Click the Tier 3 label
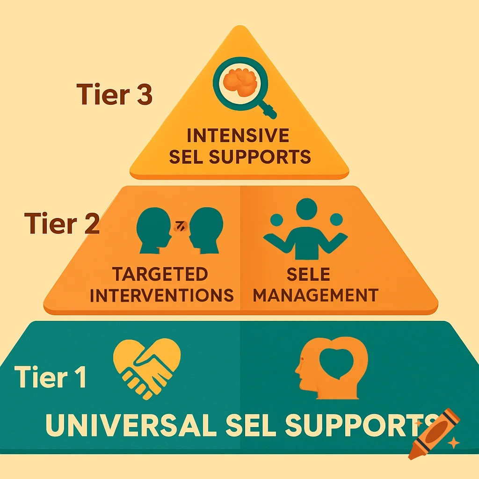(114, 94)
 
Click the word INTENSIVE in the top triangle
(238, 136)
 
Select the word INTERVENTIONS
(162, 295)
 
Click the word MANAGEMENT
(318, 295)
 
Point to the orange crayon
(433, 433)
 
